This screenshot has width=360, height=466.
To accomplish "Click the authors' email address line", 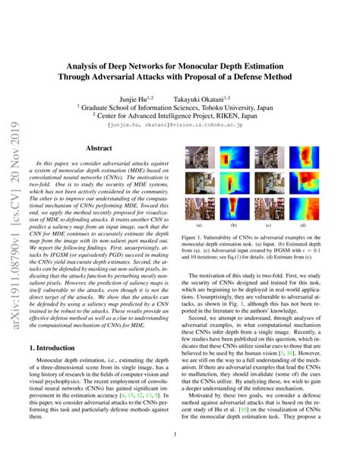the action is click(x=180, y=122).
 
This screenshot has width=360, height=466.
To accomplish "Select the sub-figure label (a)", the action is click(x=200, y=226).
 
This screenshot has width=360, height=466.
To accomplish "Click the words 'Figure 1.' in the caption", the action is click(x=197, y=237).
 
